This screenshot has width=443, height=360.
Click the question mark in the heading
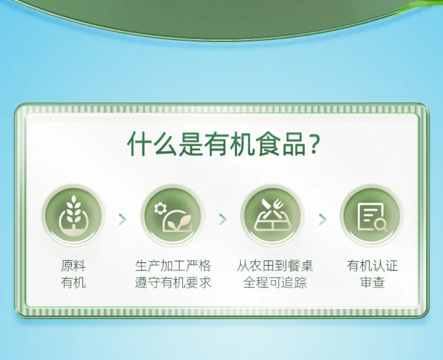tap(313, 144)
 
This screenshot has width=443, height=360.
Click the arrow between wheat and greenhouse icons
tap(123, 219)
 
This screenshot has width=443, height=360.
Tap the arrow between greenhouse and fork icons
tap(223, 219)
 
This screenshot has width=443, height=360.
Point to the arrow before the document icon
tap(322, 219)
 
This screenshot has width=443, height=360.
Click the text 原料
tap(73, 265)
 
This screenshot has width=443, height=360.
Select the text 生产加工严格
tap(173, 265)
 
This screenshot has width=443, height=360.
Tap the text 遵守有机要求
tap(173, 283)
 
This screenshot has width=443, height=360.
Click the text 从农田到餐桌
tap(275, 265)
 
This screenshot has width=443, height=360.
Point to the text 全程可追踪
tap(275, 283)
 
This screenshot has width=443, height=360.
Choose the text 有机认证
tap(372, 265)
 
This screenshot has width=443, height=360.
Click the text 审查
tap(372, 283)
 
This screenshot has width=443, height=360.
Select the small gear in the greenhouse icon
tap(160, 209)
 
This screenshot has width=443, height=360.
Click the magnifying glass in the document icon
tap(381, 225)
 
